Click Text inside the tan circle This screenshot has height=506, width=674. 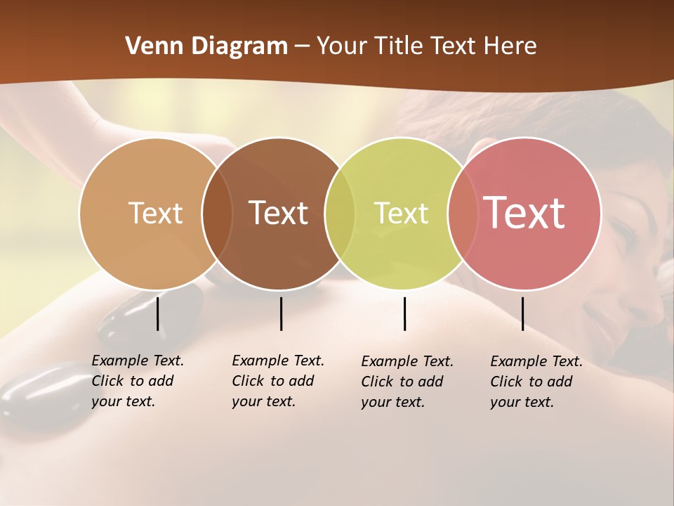155,213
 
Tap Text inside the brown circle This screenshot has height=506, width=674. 278,213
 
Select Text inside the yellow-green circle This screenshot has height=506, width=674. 401,213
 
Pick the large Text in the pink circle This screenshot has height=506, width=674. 524,213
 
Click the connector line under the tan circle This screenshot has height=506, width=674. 158,313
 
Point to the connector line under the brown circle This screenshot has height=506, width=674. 281,313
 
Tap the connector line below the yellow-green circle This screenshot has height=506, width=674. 404,313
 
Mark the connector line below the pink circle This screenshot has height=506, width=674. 522,313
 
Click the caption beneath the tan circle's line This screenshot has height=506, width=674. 138,381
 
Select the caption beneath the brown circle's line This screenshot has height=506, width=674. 278,381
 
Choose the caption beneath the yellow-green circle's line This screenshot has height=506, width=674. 407,382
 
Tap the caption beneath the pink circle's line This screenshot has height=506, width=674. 536,382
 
